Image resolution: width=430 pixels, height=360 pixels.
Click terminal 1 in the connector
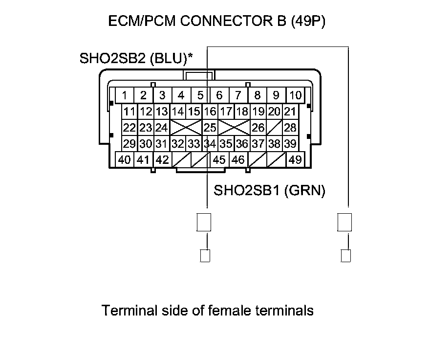point(125,95)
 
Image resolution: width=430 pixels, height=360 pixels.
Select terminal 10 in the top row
point(295,95)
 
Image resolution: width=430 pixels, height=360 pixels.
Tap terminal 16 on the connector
point(210,112)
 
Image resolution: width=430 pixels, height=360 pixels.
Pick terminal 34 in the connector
point(210,144)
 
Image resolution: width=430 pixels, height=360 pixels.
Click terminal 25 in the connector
point(210,128)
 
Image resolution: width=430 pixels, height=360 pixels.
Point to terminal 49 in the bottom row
point(295,160)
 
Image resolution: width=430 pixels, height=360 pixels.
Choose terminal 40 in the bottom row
point(125,160)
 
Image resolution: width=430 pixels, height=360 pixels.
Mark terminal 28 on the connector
point(290,128)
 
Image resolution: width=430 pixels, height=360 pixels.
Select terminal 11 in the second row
point(129,112)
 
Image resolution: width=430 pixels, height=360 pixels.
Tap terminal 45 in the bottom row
point(220,160)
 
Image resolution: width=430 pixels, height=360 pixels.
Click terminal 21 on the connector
point(290,112)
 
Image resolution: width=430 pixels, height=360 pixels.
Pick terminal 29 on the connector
point(129,144)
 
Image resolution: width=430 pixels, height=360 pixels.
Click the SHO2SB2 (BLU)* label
point(136,59)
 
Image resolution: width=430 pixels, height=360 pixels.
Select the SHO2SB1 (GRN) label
point(269,190)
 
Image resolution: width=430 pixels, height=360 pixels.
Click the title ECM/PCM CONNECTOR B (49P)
point(216,22)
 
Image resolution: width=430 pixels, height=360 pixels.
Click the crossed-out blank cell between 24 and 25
point(186,128)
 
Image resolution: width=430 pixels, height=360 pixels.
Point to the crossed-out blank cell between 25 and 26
point(234,128)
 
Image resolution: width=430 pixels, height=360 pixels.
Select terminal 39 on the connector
point(290,144)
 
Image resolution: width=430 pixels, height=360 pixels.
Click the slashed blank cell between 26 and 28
point(274,128)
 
